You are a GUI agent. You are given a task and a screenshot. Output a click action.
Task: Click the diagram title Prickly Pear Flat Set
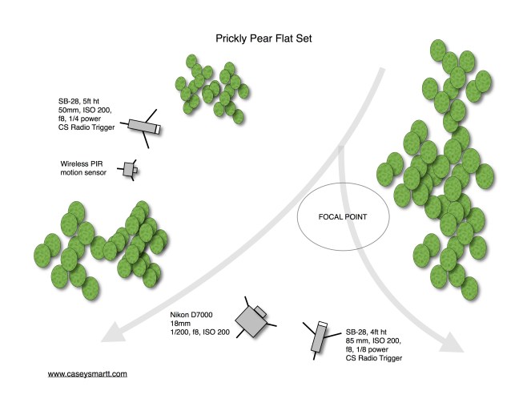[x=263, y=38]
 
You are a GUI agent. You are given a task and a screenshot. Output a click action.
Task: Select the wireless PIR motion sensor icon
[x=129, y=169]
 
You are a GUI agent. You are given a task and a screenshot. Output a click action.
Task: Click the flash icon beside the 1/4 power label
[x=145, y=127]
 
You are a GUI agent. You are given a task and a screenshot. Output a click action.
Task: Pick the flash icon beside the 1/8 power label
[x=317, y=336]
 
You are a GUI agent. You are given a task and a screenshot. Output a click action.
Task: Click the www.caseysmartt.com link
[x=87, y=373]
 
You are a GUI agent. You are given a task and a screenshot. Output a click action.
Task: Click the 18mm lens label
[x=179, y=323]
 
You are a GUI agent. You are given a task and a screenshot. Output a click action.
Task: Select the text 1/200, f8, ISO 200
[x=199, y=332]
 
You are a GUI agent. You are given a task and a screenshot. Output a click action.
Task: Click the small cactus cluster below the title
[x=210, y=84]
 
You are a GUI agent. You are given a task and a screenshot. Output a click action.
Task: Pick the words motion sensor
[x=84, y=172]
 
